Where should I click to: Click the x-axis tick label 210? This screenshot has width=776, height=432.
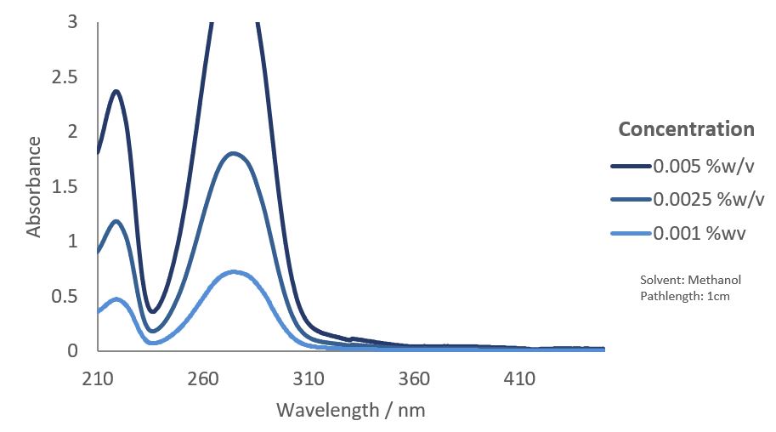(x=98, y=378)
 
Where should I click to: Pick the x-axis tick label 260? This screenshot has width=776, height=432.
(x=204, y=378)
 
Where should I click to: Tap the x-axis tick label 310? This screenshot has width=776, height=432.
(x=309, y=378)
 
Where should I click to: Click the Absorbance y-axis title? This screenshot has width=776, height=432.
(x=34, y=186)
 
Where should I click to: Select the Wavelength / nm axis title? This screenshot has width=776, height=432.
(x=350, y=410)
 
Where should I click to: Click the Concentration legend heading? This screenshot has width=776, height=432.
(x=686, y=129)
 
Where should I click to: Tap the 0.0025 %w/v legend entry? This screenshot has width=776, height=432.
(x=708, y=200)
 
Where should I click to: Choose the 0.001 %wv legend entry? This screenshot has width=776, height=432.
(x=700, y=234)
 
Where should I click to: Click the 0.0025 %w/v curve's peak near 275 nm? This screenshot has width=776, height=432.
(x=234, y=153)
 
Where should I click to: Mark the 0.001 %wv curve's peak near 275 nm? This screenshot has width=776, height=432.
(x=235, y=272)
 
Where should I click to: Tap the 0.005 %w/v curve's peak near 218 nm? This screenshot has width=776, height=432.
(x=116, y=91)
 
